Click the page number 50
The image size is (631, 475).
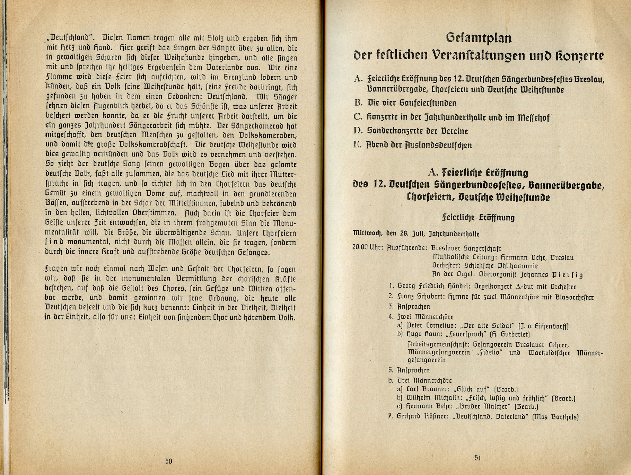coord(169,461)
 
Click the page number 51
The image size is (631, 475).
coord(478,458)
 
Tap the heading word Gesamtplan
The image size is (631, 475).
coord(479,37)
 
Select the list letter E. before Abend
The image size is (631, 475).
coord(358,145)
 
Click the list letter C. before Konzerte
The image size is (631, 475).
coord(358,117)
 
